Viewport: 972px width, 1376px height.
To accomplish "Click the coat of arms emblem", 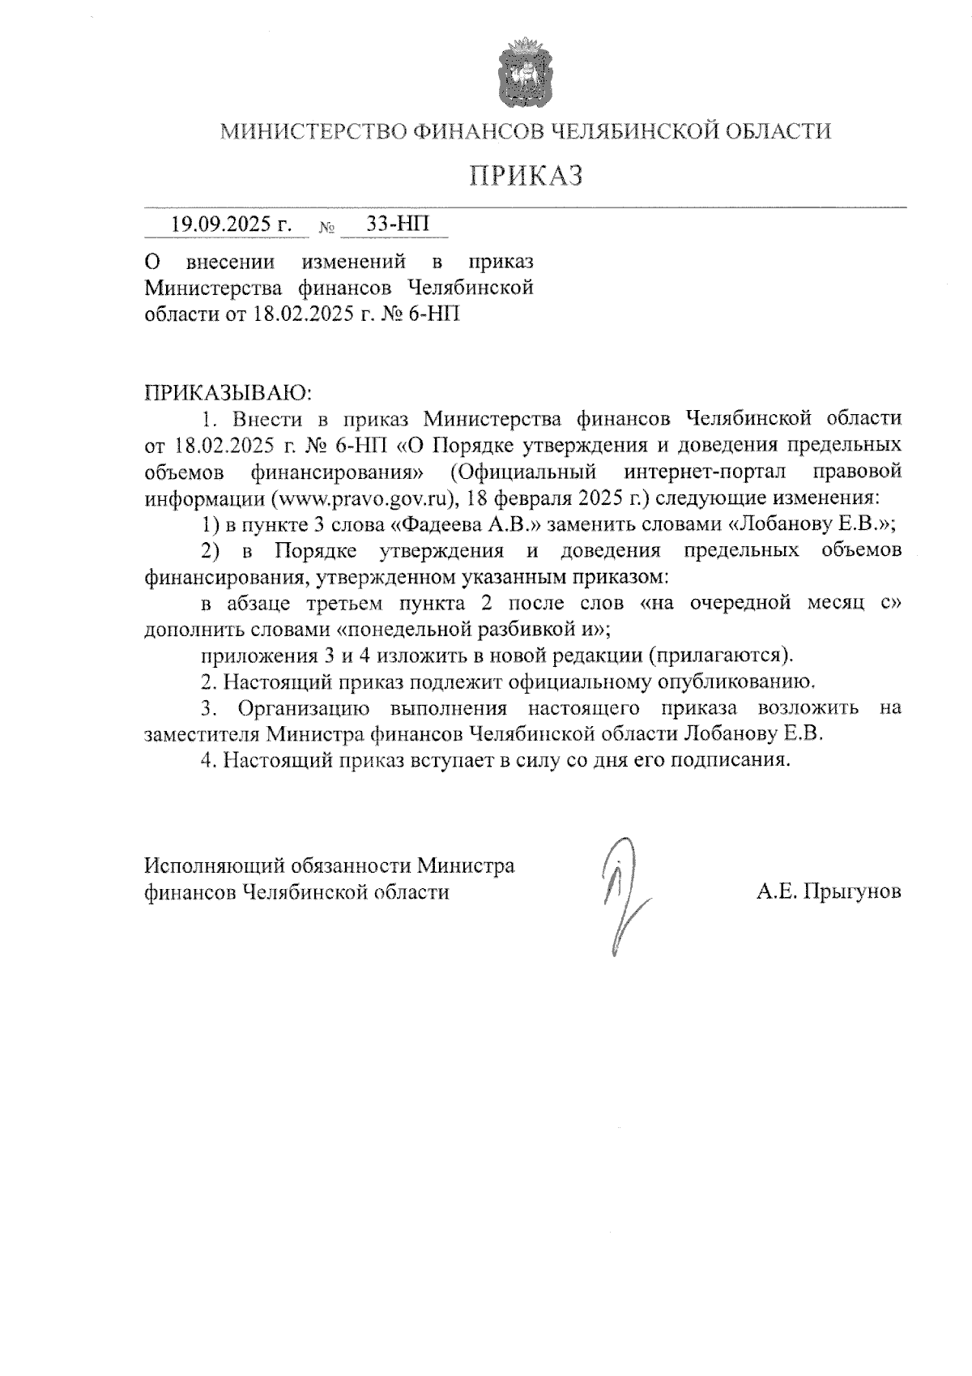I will point(525,72).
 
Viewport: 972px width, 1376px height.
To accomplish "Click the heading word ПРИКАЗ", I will point(526,175).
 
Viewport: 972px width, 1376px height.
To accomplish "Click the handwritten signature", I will point(620,895).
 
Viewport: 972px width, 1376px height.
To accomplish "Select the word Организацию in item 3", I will point(304,707).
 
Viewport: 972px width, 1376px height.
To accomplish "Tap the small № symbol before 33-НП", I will point(327,229).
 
